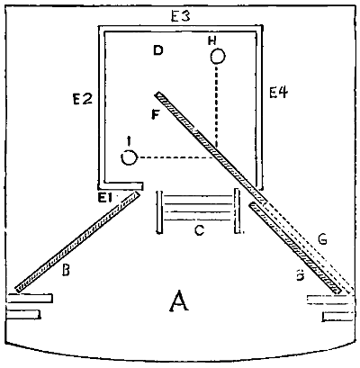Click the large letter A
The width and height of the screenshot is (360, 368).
tap(179, 301)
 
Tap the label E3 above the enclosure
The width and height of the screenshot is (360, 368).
tap(181, 16)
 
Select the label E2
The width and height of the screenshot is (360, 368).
tap(83, 99)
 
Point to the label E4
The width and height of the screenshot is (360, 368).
tap(278, 92)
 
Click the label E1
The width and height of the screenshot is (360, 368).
tap(105, 198)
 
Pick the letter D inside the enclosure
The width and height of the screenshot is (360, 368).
tap(157, 51)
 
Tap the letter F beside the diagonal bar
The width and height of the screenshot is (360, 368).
tap(155, 114)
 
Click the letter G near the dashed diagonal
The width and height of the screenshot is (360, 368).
tap(322, 240)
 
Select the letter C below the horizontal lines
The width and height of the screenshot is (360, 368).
tap(199, 230)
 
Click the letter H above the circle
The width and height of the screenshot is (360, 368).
tap(212, 41)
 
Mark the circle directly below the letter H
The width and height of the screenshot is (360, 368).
tap(218, 57)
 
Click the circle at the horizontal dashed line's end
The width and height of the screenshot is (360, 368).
tap(129, 157)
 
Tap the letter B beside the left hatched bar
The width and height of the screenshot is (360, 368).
tap(66, 270)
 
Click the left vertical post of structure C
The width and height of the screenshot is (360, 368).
tap(159, 211)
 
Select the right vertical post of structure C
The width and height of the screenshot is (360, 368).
tap(237, 211)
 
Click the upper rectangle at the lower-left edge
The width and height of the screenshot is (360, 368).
tap(30, 299)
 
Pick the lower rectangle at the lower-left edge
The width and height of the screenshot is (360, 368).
tap(23, 314)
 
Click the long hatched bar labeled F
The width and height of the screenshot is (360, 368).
tap(210, 148)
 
